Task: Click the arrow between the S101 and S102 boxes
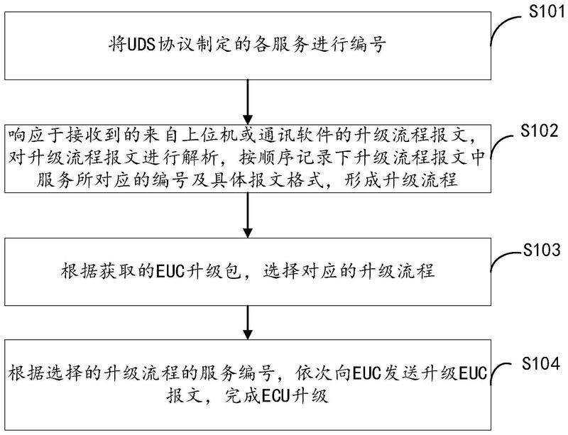point(246,100)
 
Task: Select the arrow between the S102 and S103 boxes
point(246,215)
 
